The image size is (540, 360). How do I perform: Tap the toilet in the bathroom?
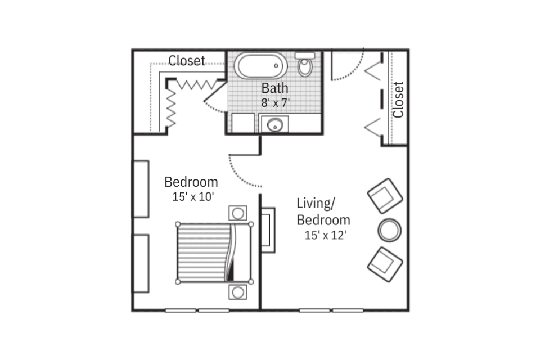[x=305, y=64]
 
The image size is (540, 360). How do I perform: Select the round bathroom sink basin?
[x=275, y=124]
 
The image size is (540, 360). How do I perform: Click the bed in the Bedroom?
[x=214, y=253]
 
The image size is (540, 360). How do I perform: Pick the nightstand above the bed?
[x=237, y=213]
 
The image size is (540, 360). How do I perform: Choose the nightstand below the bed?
[x=237, y=292]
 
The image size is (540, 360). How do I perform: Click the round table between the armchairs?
[x=389, y=230]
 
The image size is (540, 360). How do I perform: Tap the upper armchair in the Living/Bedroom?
[x=385, y=196]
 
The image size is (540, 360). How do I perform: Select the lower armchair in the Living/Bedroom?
[x=385, y=264]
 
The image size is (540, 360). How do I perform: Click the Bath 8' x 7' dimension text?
[x=275, y=103]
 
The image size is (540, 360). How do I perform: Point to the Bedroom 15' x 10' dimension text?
[x=193, y=197]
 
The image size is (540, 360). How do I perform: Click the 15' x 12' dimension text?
[x=326, y=235]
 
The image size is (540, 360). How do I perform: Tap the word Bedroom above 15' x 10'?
[x=191, y=182]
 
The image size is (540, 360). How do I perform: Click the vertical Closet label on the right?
[x=398, y=100]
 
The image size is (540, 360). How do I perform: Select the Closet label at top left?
[x=187, y=60]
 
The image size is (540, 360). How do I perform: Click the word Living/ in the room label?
[x=315, y=203]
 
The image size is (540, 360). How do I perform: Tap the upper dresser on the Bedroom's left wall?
[x=141, y=189]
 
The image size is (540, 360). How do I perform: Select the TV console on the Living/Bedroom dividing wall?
[x=268, y=229]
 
